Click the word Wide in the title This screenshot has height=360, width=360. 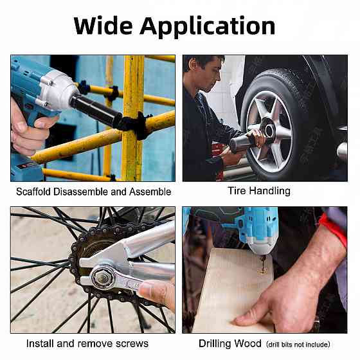[x=103, y=26]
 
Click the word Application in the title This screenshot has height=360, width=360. [x=208, y=27]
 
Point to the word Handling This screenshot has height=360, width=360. [x=270, y=192]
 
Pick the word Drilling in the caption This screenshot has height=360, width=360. [x=215, y=344]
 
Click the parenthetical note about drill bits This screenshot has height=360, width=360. [x=298, y=345]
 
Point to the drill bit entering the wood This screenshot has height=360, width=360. [x=262, y=264]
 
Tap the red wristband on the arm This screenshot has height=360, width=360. [x=334, y=230]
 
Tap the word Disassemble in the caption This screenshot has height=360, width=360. [x=81, y=192]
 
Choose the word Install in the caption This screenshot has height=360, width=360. [x=40, y=344]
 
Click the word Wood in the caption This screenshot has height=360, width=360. [x=248, y=344]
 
